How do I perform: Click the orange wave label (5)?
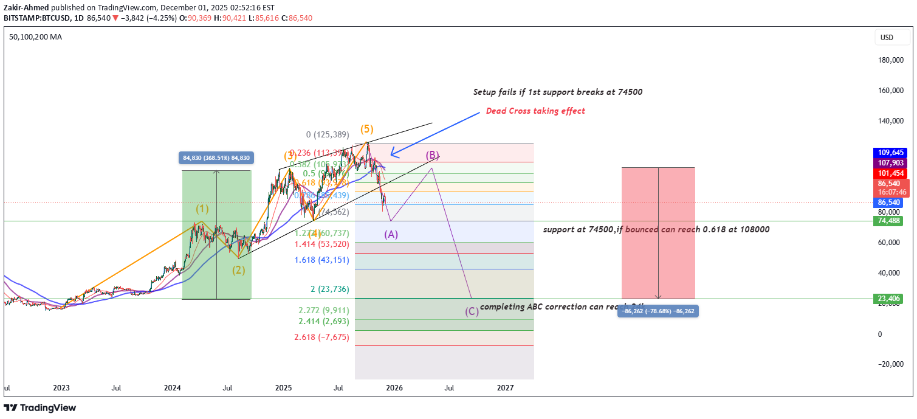point(367,129)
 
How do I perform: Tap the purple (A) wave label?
point(391,234)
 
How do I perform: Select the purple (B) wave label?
point(431,155)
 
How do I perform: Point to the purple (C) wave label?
point(472,311)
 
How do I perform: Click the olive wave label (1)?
point(202,209)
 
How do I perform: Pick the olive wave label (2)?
point(238,270)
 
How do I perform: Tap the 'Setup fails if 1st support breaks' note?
point(557,92)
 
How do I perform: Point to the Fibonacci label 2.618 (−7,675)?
point(321,337)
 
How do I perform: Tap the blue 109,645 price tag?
point(890,152)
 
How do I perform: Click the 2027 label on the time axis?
point(505,387)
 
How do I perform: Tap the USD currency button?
point(887,38)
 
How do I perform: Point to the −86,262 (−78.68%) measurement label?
point(658,311)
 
